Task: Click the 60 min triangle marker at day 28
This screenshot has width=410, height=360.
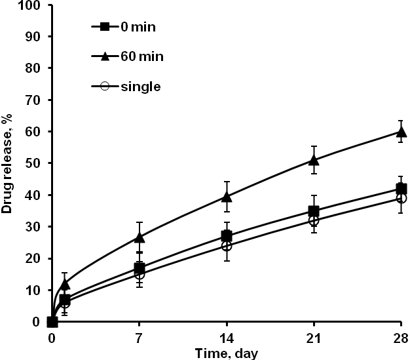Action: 401,132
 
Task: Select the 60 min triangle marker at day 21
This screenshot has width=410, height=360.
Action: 314,159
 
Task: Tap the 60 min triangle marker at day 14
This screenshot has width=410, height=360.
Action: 227,196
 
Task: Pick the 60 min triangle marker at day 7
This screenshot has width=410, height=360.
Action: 139,237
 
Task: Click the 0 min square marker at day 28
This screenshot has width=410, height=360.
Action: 401,189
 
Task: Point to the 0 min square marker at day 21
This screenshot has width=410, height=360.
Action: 314,211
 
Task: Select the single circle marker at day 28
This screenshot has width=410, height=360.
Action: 401,198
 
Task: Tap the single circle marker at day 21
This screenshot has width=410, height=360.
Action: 314,221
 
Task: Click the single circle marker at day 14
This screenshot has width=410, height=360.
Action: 227,246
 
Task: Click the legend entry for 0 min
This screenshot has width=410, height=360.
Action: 125,27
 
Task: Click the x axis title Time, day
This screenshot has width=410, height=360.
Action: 226,352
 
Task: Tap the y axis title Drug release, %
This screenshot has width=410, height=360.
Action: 8,164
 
